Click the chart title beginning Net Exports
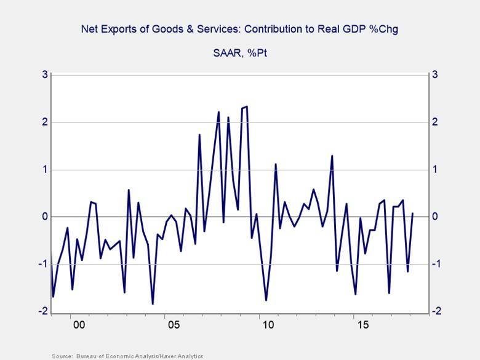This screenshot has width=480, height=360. pyautogui.click(x=239, y=29)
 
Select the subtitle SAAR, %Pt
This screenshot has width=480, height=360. pyautogui.click(x=239, y=53)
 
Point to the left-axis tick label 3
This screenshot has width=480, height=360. pyautogui.click(x=44, y=75)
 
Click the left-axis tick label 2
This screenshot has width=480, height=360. pyautogui.click(x=44, y=122)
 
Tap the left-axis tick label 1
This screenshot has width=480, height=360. pyautogui.click(x=44, y=170)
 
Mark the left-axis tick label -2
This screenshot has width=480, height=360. pyautogui.click(x=42, y=312)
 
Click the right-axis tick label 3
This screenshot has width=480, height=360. pyautogui.click(x=435, y=75)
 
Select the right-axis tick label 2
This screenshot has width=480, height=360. pyautogui.click(x=435, y=122)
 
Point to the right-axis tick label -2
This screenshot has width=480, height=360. pyautogui.click(x=436, y=312)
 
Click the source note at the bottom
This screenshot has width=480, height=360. pyautogui.click(x=127, y=356)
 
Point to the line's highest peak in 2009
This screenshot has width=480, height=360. pyautogui.click(x=246, y=106)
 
